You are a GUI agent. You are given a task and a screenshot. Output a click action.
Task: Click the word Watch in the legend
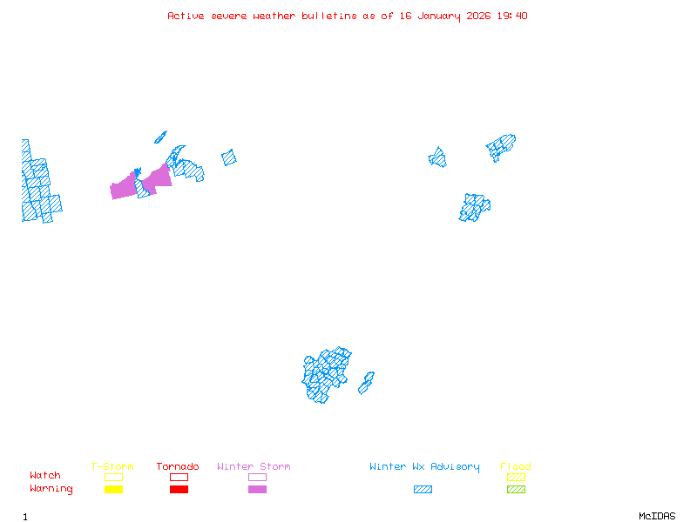point(45,476)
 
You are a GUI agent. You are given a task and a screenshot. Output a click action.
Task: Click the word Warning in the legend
point(51,489)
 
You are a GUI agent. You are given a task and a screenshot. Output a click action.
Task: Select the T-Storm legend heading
point(112,467)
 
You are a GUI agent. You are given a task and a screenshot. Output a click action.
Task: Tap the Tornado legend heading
point(178,467)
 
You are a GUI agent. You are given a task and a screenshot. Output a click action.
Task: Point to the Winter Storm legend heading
point(254,467)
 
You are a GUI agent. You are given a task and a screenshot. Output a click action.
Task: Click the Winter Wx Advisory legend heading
point(424,467)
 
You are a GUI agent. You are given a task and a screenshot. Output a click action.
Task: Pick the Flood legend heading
point(516,467)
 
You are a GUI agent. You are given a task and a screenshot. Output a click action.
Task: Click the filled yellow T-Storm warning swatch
point(113,490)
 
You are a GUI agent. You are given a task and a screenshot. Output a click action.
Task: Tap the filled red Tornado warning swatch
point(179,490)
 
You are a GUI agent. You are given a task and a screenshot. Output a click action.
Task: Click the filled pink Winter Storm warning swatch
point(257,490)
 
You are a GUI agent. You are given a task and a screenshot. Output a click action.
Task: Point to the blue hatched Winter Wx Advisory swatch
point(423,490)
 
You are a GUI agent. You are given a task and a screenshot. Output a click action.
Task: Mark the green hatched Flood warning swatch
point(516,490)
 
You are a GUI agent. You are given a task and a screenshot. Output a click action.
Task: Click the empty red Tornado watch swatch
point(179,477)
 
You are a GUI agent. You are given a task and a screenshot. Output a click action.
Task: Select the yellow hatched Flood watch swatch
point(516,477)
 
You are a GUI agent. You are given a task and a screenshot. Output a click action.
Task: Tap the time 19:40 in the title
point(512,16)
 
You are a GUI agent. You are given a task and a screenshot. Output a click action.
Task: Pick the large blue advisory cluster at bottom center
point(325,374)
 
